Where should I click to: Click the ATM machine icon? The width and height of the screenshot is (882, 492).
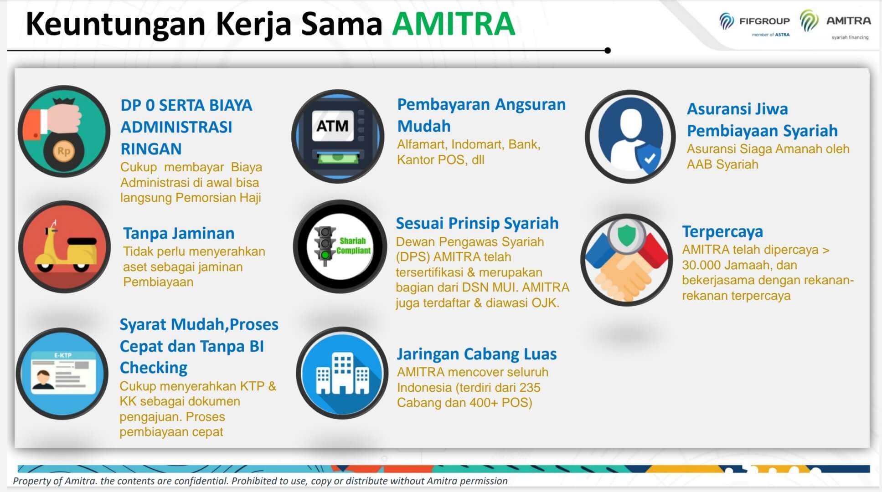pyautogui.click(x=338, y=136)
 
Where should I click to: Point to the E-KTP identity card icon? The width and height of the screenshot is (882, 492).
pyautogui.click(x=62, y=373)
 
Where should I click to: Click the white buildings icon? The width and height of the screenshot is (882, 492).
pyautogui.click(x=342, y=374)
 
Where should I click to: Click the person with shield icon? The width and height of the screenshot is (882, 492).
pyautogui.click(x=630, y=136)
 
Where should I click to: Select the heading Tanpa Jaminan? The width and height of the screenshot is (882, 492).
pyautogui.click(x=179, y=233)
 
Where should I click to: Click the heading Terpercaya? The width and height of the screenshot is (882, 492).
pyautogui.click(x=722, y=232)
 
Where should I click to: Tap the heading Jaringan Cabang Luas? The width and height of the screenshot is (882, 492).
pyautogui.click(x=477, y=354)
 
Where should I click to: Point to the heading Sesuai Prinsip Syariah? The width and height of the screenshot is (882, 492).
pyautogui.click(x=477, y=223)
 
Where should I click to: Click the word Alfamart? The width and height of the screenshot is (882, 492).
pyautogui.click(x=422, y=144)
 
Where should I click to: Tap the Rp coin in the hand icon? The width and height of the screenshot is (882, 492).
pyautogui.click(x=64, y=151)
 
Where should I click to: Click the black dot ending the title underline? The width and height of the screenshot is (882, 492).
pyautogui.click(x=607, y=51)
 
